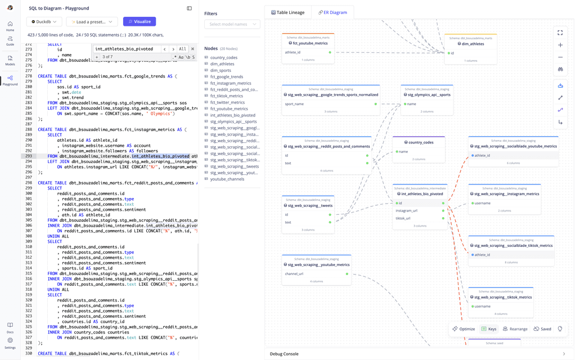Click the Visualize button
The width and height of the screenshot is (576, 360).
click(139, 21)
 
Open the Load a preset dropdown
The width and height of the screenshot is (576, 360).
click(92, 22)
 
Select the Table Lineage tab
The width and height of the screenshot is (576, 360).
click(287, 12)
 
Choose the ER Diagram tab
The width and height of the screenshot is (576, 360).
click(332, 12)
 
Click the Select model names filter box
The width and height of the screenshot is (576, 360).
click(232, 24)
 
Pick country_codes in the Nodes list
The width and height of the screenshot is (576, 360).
click(224, 57)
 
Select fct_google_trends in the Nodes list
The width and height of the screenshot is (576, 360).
click(227, 76)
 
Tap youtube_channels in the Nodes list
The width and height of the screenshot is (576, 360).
click(227, 179)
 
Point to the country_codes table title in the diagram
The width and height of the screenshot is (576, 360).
click(421, 142)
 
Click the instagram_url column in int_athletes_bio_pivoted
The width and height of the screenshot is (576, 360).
click(407, 210)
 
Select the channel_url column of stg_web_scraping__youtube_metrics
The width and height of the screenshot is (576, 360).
click(294, 274)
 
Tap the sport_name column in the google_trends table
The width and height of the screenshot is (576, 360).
click(294, 104)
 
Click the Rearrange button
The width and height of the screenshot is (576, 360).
click(515, 329)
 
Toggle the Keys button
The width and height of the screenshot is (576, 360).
click(489, 329)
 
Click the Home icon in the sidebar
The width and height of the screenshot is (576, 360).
click(10, 26)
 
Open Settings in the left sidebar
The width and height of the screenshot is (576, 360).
click(10, 343)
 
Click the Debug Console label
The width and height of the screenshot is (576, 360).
click(284, 354)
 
